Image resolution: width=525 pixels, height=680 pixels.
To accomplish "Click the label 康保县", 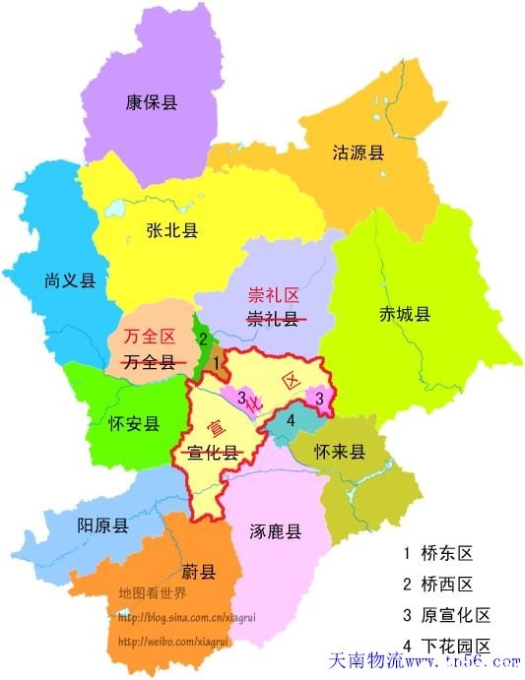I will (x=152, y=102).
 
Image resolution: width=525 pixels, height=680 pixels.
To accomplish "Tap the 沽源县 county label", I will (x=358, y=153).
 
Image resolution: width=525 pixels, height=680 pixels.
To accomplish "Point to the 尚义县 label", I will (x=70, y=280).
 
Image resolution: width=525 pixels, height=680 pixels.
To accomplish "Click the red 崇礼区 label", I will (x=272, y=294).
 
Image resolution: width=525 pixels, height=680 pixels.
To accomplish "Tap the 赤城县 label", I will (x=405, y=314).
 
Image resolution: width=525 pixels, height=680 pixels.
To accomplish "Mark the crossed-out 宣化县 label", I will (x=215, y=452).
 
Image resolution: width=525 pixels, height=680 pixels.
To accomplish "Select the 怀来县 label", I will (x=339, y=453).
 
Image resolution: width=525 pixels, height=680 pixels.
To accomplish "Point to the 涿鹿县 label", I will (x=275, y=531).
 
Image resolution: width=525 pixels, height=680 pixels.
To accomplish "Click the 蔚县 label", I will (x=198, y=572).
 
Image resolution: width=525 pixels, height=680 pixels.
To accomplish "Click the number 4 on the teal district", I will (x=290, y=420).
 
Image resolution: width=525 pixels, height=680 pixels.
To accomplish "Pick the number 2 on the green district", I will (x=202, y=339).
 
